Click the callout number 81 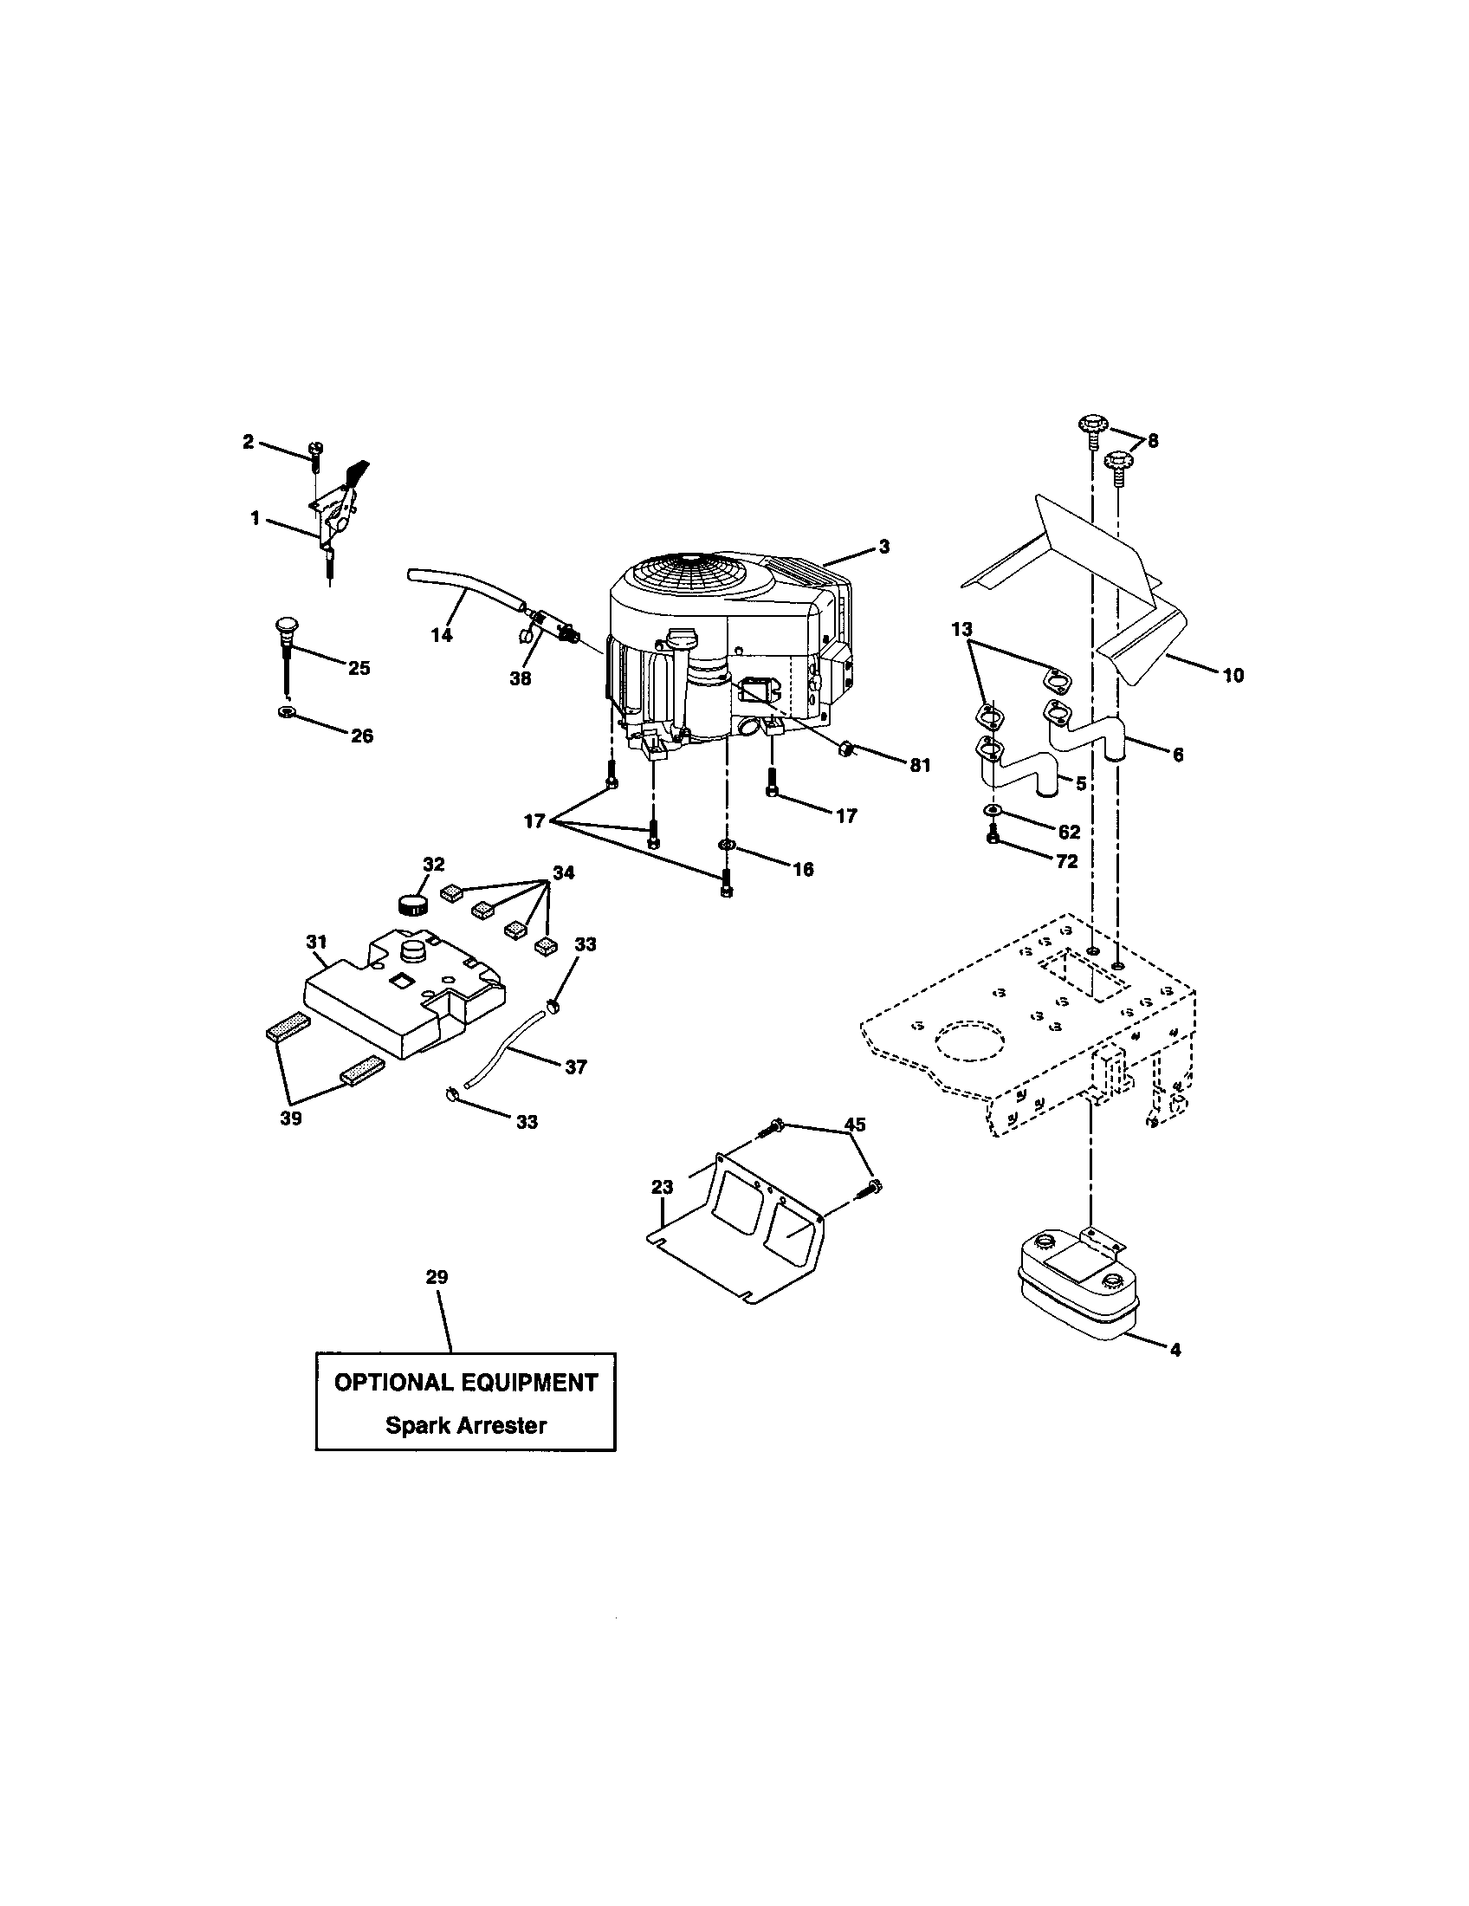[920, 765]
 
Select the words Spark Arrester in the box [466, 1425]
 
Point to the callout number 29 [437, 1277]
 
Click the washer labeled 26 [283, 713]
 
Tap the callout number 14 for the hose [443, 635]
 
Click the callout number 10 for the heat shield [1233, 675]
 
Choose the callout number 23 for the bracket [662, 1186]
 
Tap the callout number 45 [856, 1125]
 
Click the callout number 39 [290, 1118]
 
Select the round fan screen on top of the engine [683, 580]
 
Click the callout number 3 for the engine [883, 547]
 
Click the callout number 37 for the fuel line [576, 1066]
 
